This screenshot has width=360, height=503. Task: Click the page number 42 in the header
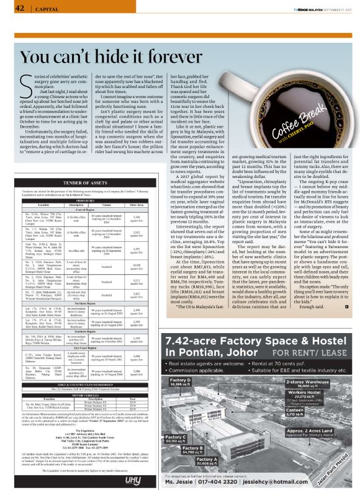click(18, 8)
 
